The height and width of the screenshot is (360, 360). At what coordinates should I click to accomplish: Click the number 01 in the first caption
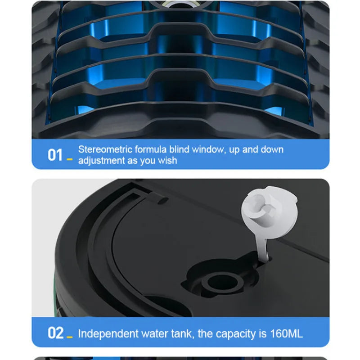[55, 155]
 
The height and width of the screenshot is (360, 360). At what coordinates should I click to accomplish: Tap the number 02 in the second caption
[55, 333]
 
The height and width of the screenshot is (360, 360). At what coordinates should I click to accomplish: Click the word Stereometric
[105, 149]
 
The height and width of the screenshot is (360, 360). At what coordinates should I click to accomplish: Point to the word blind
[179, 149]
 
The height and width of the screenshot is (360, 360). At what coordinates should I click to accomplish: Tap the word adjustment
[101, 161]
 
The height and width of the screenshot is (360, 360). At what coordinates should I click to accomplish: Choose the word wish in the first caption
[167, 160]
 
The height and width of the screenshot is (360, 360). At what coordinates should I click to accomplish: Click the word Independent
[108, 334]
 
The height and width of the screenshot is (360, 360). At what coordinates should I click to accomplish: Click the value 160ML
[287, 334]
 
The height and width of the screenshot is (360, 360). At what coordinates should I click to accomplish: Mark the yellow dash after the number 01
[69, 159]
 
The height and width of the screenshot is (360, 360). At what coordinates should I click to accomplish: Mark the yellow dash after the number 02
[70, 337]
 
